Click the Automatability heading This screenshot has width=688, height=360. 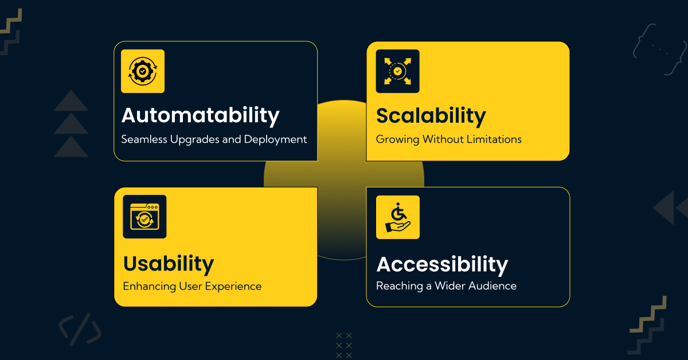pos(200,116)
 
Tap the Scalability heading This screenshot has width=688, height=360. pos(431,116)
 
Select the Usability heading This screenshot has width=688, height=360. pos(168,264)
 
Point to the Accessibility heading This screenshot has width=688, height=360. pos(442,265)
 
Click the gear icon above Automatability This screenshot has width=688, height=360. pos(142,71)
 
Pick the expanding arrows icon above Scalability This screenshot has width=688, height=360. pos(397,71)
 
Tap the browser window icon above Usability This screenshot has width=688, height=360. pos(144,217)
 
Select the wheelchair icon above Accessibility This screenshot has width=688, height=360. pos(397,217)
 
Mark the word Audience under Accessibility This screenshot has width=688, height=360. pos(491,285)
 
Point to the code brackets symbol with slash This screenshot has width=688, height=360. pos(80,330)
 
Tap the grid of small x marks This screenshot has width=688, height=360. pos(344,345)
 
